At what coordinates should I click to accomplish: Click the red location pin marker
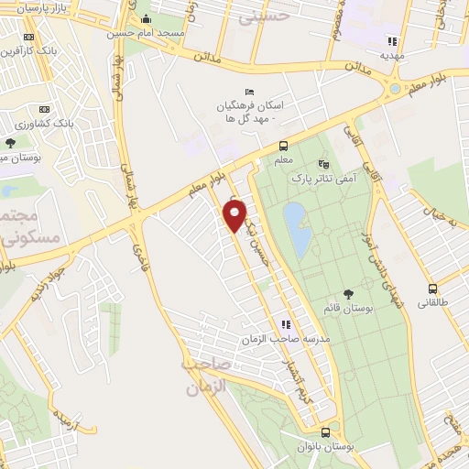235,215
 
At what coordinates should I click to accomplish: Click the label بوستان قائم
346,308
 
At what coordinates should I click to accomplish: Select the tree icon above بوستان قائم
346,293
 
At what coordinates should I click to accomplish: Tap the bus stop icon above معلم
283,146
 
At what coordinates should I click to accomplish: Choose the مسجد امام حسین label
145,33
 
